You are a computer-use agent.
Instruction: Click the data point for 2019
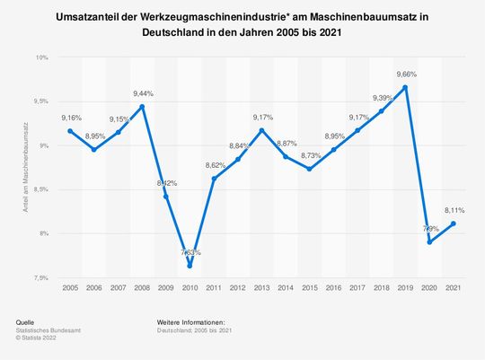[406, 87]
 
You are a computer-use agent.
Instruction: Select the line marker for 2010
[190, 266]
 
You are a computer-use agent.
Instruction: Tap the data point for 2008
[142, 107]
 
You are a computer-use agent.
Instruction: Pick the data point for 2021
[454, 224]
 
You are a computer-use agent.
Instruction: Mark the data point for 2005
[70, 131]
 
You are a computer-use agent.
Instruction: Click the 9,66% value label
[406, 74]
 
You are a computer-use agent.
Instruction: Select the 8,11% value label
[454, 210]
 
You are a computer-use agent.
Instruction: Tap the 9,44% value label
[143, 93]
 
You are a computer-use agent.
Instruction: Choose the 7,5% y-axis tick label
[40, 277]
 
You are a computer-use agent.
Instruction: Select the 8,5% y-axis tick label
[40, 189]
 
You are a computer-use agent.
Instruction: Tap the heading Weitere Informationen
[190, 321]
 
